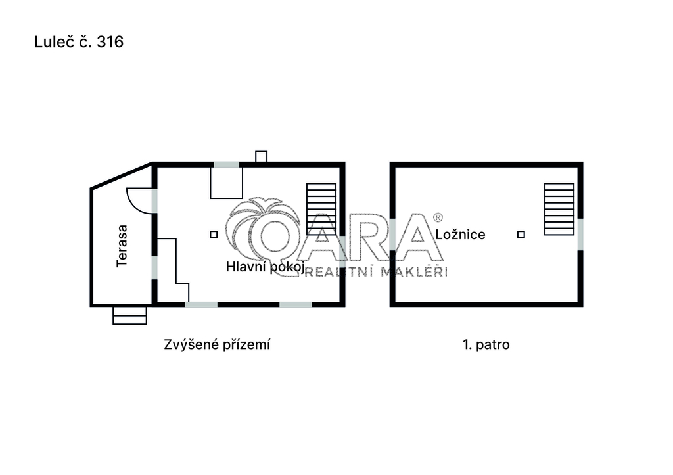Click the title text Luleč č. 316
[x=79, y=42]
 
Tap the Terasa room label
[x=122, y=246]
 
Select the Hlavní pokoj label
[x=266, y=267]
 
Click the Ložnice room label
[x=460, y=235]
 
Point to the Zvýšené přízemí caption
[x=217, y=344]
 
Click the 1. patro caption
[x=486, y=344]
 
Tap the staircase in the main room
[x=321, y=209]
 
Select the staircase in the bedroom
[x=559, y=209]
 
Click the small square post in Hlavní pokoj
[x=214, y=235]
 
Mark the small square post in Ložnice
[x=521, y=235]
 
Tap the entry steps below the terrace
[x=129, y=315]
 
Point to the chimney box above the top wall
[x=261, y=156]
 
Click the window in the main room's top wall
[x=227, y=164]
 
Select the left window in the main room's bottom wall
[x=201, y=305]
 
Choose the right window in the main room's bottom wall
[x=296, y=305]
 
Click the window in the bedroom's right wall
[x=580, y=235]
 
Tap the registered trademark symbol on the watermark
[x=438, y=217]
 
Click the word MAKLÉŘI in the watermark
[x=414, y=271]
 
